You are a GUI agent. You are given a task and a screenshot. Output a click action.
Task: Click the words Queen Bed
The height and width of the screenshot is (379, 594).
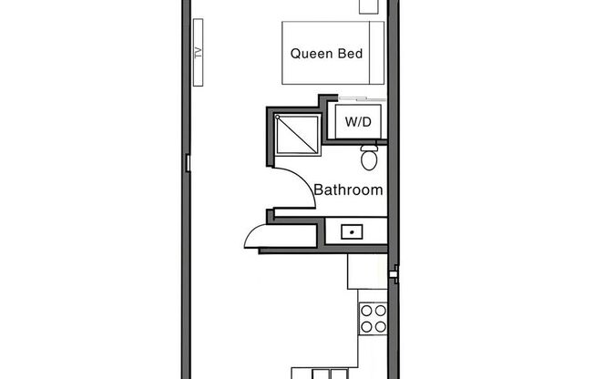coord(327,54)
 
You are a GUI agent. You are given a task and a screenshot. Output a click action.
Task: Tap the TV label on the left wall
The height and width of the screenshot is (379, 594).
coord(197,53)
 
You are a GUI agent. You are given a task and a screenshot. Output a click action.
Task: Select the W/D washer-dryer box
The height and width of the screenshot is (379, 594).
coord(358,120)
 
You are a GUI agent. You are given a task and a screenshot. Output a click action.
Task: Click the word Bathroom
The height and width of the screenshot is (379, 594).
coord(348,190)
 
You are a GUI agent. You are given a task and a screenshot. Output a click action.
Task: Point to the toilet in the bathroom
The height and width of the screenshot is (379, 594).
coord(370,159)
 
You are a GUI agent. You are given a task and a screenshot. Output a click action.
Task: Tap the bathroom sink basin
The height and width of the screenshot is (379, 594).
coord(351,232)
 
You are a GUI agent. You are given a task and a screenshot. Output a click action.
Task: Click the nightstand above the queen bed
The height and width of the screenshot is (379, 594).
coord(370,7)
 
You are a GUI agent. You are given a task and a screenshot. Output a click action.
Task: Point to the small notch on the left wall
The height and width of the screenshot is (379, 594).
coord(187,163)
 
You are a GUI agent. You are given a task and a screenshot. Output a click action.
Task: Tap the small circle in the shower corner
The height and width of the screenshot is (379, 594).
coord(277,117)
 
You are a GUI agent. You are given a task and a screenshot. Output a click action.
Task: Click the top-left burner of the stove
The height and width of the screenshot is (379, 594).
coord(365,310)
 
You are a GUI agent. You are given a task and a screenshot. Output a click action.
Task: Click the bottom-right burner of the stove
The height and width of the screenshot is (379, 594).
coord(380,324)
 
